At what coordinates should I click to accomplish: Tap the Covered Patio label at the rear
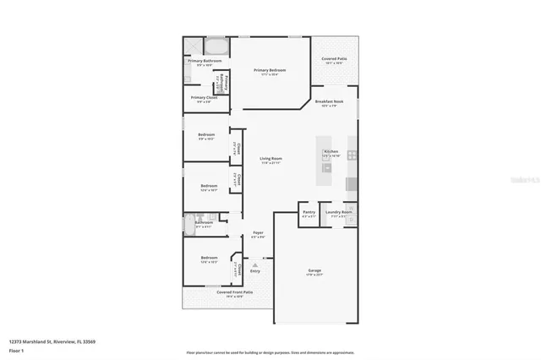[333, 59]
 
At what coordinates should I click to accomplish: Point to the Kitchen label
[331, 151]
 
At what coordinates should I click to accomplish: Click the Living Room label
[270, 159]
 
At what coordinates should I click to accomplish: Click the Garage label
[314, 270]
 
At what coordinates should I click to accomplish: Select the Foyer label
[259, 232]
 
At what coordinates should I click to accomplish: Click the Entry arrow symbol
[254, 265]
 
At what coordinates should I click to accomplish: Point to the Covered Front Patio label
[223, 292]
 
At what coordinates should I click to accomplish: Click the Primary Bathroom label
[205, 61]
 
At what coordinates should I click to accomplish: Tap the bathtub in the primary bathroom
[216, 46]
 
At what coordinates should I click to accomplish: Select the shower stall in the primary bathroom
[193, 46]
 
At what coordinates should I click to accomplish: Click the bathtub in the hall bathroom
[189, 224]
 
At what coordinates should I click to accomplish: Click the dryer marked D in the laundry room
[352, 219]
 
